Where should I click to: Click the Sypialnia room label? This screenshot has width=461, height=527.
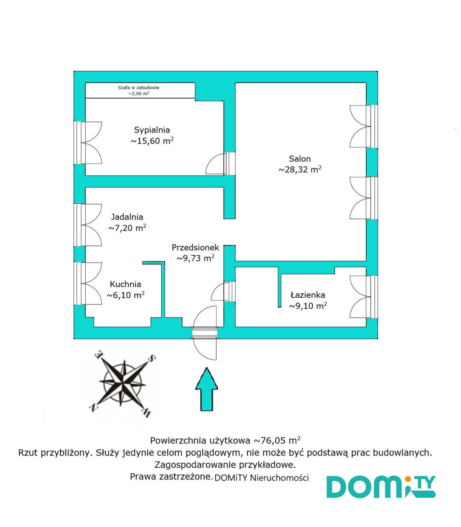tap(152, 130)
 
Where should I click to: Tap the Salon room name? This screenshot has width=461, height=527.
tap(300, 159)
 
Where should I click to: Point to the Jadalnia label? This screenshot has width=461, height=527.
tap(127, 217)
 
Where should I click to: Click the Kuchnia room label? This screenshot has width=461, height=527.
tap(126, 285)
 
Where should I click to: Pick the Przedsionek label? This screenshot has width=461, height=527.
tap(195, 248)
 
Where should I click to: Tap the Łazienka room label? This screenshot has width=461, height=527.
tap(308, 295)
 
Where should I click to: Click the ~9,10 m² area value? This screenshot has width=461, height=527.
tap(308, 306)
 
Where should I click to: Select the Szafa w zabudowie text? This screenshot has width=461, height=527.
tap(139, 87)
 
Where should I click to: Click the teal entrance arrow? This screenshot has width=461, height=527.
tap(206, 389)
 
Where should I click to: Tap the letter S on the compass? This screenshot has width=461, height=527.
tap(152, 358)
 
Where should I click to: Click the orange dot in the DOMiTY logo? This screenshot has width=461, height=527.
tap(408, 479)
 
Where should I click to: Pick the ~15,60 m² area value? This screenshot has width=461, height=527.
tap(152, 141)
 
